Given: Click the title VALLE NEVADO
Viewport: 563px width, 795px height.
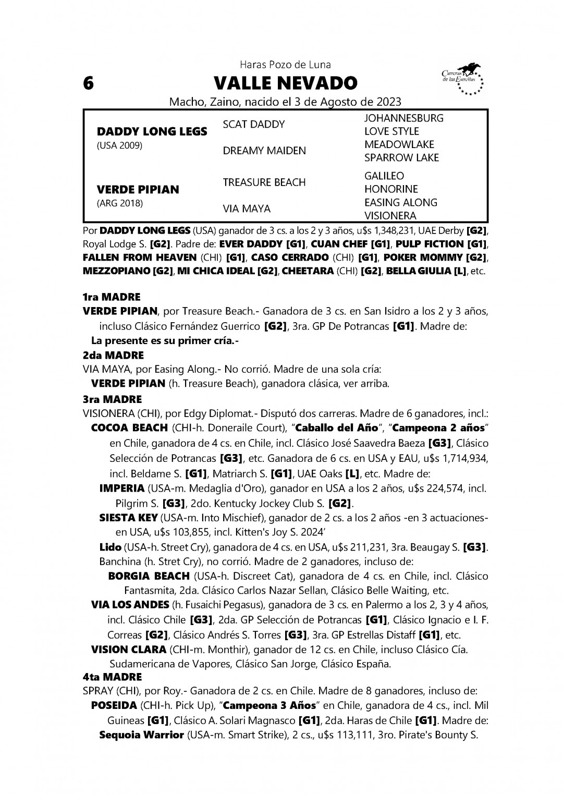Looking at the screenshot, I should tap(285, 83).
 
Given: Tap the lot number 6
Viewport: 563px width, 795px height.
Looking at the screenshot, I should tap(89, 83).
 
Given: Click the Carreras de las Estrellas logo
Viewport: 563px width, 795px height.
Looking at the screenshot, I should tap(461, 79).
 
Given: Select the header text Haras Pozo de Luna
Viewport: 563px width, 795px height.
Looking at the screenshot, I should tap(285, 65).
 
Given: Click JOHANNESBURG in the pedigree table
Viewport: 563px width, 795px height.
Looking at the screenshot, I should tap(403, 118).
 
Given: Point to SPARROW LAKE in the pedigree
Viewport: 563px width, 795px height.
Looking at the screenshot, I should tap(401, 157).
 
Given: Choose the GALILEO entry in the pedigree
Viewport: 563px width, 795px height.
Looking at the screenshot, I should tap(384, 176).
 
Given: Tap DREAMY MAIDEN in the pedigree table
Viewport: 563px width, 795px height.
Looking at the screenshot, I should tap(257, 151).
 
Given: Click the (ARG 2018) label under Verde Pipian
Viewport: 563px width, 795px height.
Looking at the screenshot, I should tap(119, 203).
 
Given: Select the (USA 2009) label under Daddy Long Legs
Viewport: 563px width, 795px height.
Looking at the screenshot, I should tap(119, 145).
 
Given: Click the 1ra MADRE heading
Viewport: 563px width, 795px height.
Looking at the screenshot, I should tap(112, 297).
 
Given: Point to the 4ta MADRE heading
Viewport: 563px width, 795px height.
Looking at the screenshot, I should tap(112, 677).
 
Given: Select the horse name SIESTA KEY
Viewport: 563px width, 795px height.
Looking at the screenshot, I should tap(128, 518).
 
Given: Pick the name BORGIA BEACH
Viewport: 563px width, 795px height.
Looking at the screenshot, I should tap(149, 576).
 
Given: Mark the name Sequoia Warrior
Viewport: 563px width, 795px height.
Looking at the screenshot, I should tap(141, 735).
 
